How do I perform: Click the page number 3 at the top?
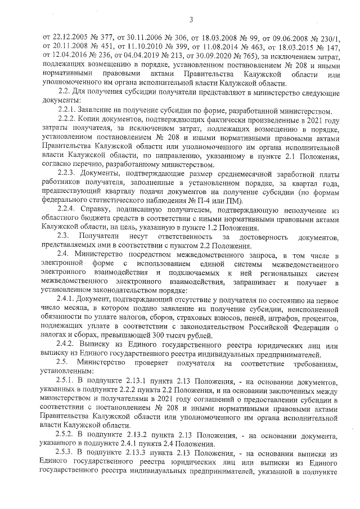point(191,21)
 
